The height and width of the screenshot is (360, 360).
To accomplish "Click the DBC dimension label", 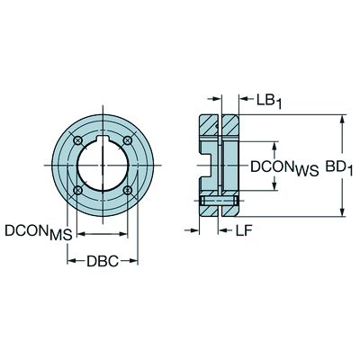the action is (103, 261).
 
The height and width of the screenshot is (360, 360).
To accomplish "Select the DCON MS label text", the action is (39, 232).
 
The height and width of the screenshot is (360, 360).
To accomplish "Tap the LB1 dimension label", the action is (269, 101).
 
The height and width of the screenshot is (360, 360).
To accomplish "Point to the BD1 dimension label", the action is (338, 168).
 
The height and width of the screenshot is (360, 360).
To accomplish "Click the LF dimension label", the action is (243, 230).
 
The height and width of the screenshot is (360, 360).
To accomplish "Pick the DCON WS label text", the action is (284, 168).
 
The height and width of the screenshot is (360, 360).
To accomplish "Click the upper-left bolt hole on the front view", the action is (78, 140).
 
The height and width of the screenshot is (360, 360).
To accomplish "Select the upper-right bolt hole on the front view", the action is (128, 140).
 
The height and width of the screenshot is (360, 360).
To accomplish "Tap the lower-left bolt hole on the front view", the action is (78, 190).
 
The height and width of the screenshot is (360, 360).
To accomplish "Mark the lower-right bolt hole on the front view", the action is (128, 190).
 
